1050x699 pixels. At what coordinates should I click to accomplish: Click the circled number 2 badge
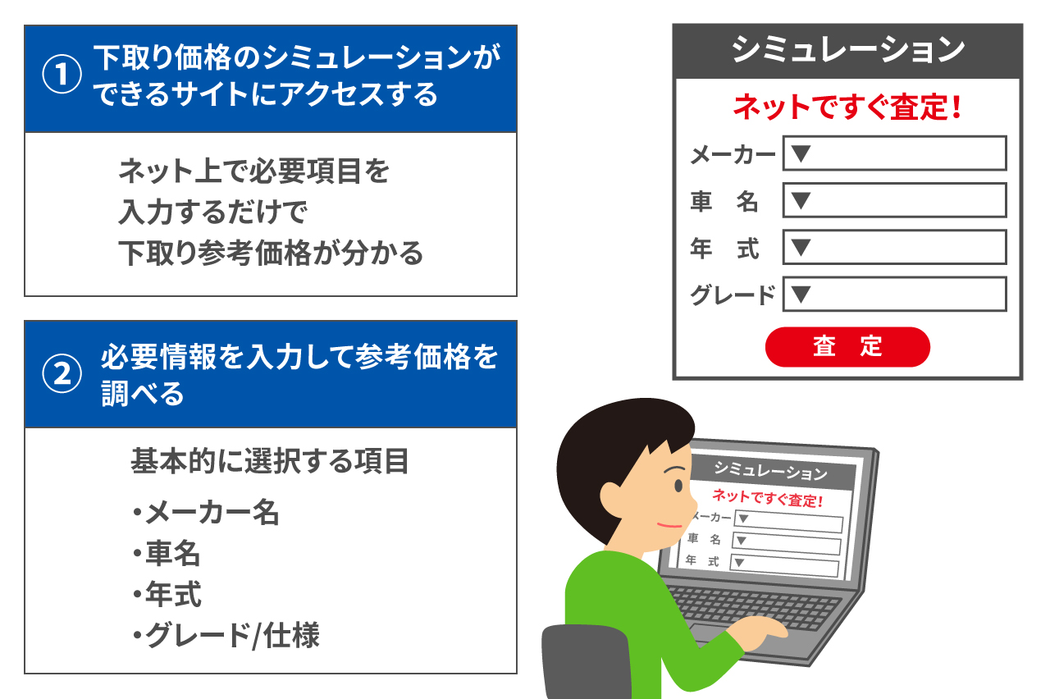[62, 373]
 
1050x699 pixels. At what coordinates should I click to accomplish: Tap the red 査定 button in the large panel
[847, 346]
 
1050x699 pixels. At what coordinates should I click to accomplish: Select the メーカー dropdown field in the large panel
[894, 153]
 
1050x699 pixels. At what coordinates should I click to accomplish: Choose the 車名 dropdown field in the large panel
[894, 200]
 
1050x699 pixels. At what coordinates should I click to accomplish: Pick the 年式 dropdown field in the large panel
[894, 247]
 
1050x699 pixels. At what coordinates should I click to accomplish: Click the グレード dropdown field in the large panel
[894, 295]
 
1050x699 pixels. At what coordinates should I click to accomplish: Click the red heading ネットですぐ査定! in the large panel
[847, 108]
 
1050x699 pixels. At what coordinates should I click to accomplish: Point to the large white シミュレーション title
[847, 51]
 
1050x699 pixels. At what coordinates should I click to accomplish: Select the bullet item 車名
[172, 554]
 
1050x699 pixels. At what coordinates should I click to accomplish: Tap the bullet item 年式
[172, 595]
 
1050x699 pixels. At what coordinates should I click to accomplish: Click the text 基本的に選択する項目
[270, 461]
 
